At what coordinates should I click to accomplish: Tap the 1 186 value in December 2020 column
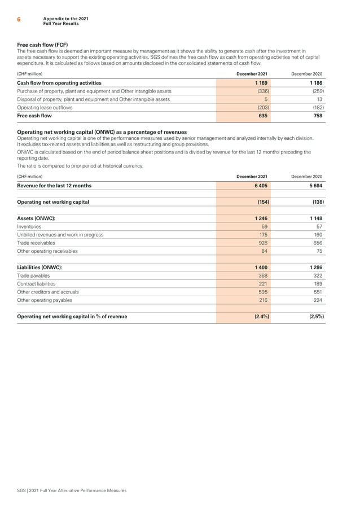(314, 82)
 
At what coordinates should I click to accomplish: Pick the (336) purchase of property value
(262, 90)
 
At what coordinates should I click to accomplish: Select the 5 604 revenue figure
(314, 185)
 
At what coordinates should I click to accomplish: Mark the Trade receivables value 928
(263, 243)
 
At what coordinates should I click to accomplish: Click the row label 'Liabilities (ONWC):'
(40, 267)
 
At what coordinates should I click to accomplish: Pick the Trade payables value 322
(318, 276)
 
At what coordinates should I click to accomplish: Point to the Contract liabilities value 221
(263, 284)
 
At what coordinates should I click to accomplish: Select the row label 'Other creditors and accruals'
(49, 292)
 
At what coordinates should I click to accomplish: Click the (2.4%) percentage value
(260, 317)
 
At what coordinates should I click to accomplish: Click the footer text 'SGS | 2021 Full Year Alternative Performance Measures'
(72, 490)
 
